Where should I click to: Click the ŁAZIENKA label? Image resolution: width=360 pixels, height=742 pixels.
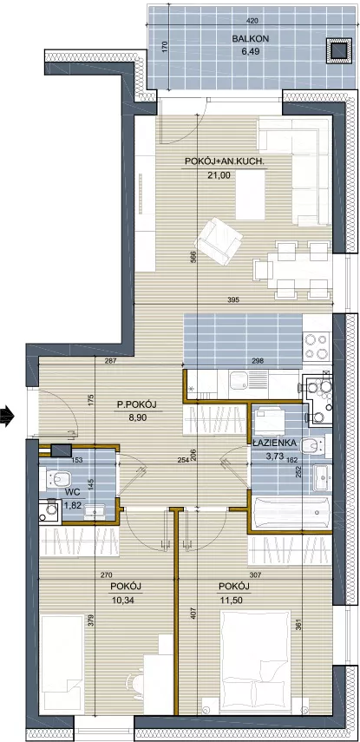coord(274,443)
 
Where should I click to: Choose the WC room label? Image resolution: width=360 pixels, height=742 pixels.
coord(71,492)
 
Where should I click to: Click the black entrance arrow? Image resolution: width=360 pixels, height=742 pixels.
coord(7,417)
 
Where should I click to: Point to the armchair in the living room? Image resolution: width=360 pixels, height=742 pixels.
coord(218,240)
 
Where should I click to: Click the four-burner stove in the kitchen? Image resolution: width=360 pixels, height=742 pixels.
coord(317,346)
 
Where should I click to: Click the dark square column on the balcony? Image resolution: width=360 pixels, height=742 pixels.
coord(339,50)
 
